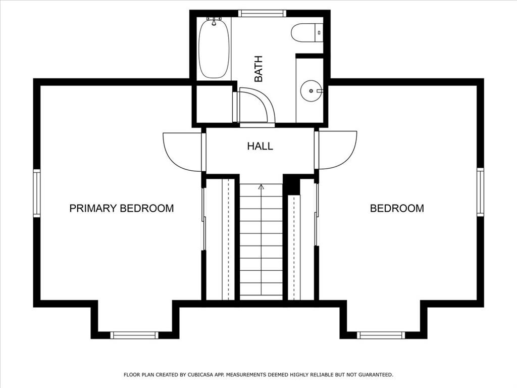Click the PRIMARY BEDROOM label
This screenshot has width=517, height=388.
click(121, 208)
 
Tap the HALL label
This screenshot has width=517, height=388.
click(260, 147)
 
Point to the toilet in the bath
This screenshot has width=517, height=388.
click(305, 33)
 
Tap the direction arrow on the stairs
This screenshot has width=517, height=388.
click(261, 187)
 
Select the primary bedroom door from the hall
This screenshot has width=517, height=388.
click(183, 151)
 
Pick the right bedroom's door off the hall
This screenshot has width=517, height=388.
click(337, 149)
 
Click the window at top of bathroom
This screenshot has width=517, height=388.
click(262, 14)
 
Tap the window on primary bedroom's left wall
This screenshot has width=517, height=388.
click(36, 193)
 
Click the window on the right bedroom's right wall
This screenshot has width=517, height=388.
click(480, 192)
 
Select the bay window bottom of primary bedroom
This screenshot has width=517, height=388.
click(134, 335)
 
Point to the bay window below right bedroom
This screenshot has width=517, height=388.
click(381, 335)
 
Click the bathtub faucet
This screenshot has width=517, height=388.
click(214, 20)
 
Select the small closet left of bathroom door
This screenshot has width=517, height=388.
click(214, 104)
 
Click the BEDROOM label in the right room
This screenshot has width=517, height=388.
click(397, 208)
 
